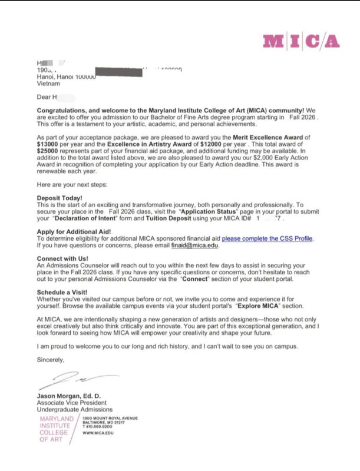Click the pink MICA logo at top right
301,41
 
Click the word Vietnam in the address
48,84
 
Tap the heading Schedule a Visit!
62,292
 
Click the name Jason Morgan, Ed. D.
69,396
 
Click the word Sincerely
51,359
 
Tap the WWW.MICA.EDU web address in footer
98,433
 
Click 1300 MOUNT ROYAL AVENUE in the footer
110,417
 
